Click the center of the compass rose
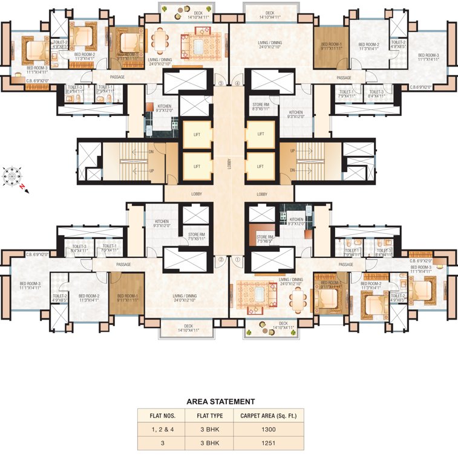point(12,176)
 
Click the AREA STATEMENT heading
point(220,401)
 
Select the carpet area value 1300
point(269,430)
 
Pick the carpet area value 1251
point(269,443)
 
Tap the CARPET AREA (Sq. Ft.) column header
point(269,416)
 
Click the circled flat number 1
point(238,260)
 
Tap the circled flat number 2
point(221,260)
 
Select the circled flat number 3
point(221,83)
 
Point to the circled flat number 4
point(238,83)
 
